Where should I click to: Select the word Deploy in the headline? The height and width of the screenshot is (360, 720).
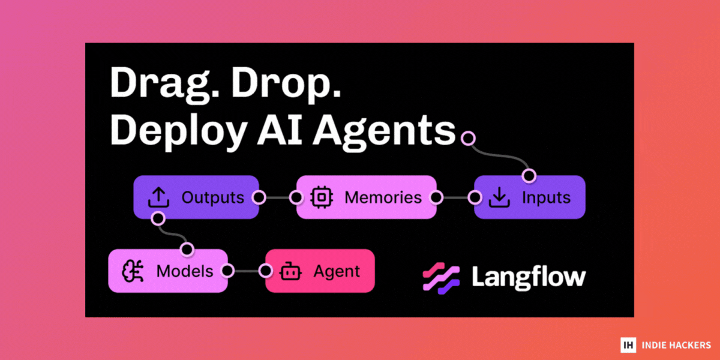coord(178,133)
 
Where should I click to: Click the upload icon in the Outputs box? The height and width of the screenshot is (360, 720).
coord(158,197)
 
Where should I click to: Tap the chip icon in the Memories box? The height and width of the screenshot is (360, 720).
coord(322,197)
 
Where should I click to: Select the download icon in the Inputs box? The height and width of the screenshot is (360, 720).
coord(499,197)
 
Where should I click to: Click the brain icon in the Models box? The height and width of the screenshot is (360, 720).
coord(133,271)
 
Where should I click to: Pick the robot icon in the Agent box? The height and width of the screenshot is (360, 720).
coord(290,271)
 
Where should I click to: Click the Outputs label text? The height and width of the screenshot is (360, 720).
coord(213,197)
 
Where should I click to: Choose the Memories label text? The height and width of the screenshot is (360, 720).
coord(383,197)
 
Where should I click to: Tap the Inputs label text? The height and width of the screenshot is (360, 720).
coord(547,198)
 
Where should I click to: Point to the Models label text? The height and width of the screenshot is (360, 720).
coord(185,271)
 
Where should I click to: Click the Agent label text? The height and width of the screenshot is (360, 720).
coord(337,272)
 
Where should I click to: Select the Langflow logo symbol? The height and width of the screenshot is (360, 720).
coord(441,278)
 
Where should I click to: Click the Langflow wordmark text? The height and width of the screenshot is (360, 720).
coord(529,278)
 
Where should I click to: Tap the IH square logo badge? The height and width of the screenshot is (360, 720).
coord(628,345)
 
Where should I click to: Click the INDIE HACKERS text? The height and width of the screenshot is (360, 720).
coord(676,345)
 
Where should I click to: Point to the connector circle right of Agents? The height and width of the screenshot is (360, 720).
coord(468,138)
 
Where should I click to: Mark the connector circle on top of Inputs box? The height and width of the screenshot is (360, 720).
coord(529,176)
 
